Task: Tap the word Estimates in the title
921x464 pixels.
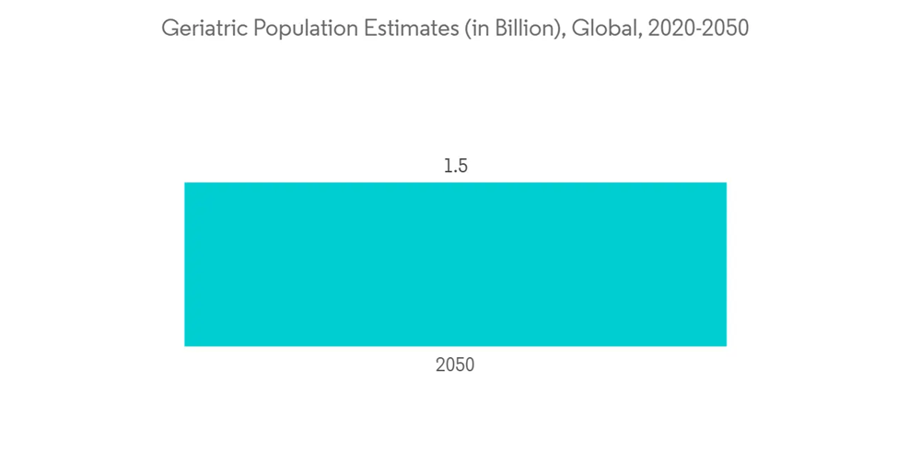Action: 398,29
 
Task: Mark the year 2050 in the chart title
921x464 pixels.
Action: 725,29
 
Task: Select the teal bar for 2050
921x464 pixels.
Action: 455,264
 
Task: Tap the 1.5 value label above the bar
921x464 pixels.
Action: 456,167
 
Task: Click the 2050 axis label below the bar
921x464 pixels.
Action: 455,365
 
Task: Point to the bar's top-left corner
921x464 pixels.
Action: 185,183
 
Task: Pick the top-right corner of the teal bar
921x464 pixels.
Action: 726,183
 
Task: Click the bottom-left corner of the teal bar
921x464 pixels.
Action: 185,345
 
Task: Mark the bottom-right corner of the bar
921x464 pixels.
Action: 726,345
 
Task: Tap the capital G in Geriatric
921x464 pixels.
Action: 169,29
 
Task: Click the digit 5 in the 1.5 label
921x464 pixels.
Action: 462,167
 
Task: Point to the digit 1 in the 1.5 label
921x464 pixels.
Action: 448,167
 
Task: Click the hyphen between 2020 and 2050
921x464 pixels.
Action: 697,29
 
